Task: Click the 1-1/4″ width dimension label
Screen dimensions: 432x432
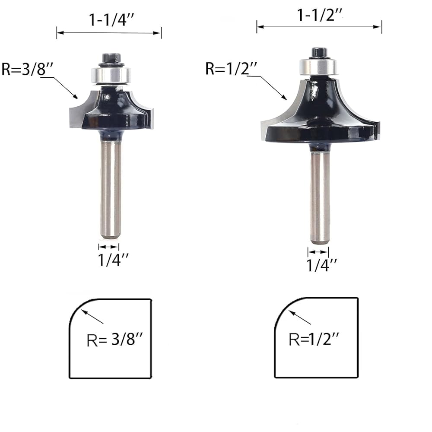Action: coord(111,20)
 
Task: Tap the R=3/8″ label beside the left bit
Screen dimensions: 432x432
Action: coord(27,69)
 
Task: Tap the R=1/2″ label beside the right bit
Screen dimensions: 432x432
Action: coord(231,68)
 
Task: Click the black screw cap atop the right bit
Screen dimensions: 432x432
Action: coord(319,52)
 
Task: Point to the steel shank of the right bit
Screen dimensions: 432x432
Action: coord(320,198)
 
